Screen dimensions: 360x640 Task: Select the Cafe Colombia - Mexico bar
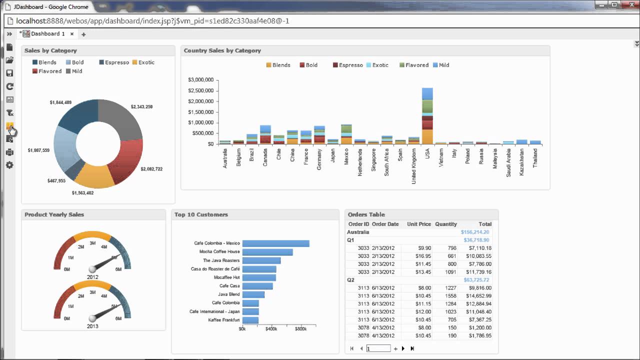click(x=275, y=243)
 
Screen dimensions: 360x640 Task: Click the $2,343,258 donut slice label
click(x=141, y=107)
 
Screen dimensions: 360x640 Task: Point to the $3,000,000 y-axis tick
click(x=200, y=80)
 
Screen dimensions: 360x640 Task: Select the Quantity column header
click(x=445, y=224)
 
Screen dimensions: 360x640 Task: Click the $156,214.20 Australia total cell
click(x=475, y=232)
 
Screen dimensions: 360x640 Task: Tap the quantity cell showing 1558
click(x=448, y=296)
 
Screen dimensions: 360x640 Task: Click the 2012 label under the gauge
click(x=92, y=277)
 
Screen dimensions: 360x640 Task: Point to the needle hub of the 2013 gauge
click(x=92, y=318)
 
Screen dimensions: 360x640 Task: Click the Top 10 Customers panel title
click(x=201, y=214)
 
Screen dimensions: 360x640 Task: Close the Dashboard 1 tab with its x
click(x=72, y=34)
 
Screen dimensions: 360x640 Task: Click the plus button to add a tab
click(x=83, y=34)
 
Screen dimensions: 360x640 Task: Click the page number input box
click(x=378, y=348)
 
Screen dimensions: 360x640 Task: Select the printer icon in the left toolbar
click(x=9, y=152)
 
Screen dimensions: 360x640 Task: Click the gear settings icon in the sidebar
click(x=9, y=165)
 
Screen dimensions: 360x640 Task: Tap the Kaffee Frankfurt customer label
click(x=223, y=320)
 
